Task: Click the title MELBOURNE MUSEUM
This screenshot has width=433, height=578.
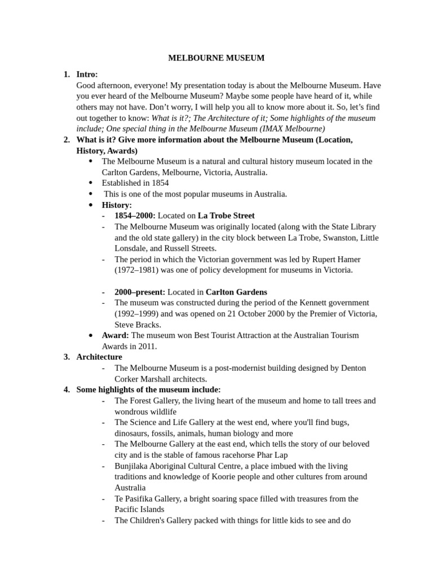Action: [216, 58]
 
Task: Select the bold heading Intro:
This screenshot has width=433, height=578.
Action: [87, 75]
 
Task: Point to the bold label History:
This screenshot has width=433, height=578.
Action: [117, 205]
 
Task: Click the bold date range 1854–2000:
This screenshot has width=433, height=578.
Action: [135, 216]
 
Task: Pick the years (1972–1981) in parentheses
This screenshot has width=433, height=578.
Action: [138, 270]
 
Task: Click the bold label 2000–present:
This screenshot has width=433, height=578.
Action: [139, 292]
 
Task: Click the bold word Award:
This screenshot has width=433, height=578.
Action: [115, 335]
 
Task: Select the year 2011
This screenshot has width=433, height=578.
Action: [146, 346]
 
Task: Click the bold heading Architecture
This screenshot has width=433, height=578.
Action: [99, 357]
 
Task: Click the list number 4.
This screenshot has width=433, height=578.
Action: [67, 389]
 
